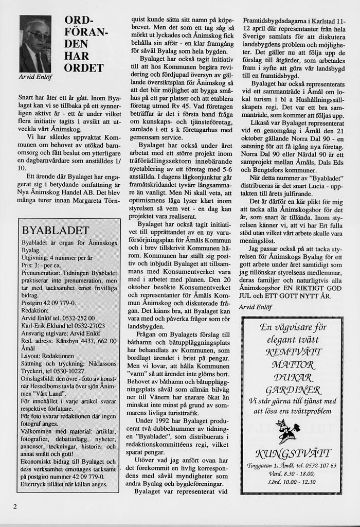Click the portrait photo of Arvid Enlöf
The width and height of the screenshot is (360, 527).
(35, 44)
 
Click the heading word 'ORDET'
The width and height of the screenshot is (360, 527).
(84, 68)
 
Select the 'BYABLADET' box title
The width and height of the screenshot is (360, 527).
(56, 230)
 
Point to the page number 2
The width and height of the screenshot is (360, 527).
(15, 506)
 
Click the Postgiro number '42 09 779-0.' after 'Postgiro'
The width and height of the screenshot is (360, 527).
(59, 303)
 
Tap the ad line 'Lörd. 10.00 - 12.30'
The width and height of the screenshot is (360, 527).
(292, 482)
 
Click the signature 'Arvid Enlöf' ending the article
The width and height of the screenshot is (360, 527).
(256, 307)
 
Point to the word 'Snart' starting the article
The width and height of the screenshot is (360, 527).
(27, 97)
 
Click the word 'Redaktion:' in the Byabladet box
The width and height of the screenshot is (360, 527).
(35, 310)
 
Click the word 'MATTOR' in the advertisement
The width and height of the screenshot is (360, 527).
(292, 365)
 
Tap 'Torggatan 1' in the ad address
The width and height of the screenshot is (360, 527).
(263, 466)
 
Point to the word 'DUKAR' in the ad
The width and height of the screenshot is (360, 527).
(292, 377)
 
